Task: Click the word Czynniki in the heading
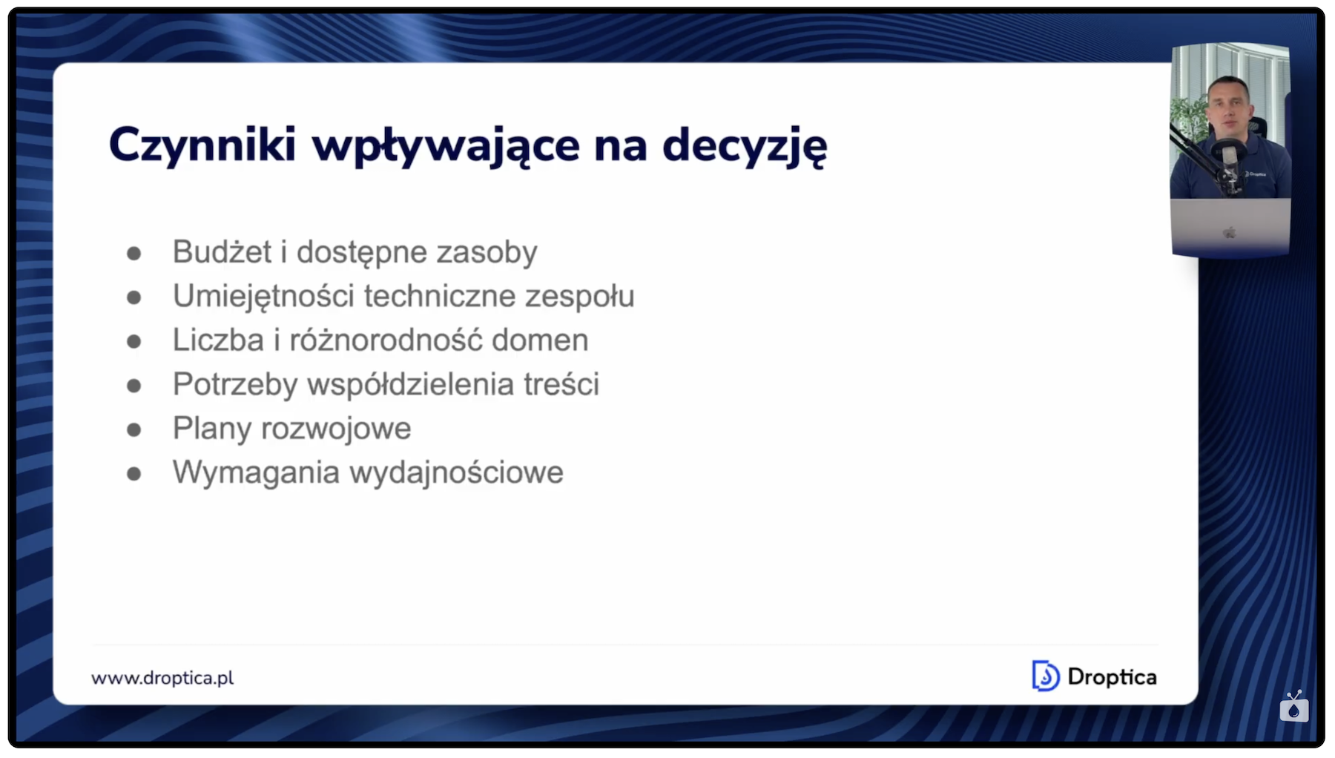point(202,145)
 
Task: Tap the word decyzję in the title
point(745,146)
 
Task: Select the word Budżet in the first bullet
point(222,251)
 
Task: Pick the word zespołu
point(580,297)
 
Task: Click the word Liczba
point(218,340)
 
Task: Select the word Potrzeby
point(235,385)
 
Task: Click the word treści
point(561,384)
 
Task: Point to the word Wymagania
point(256,473)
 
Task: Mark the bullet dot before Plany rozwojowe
point(134,429)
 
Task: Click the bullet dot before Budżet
point(134,254)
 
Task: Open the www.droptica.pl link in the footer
point(162,678)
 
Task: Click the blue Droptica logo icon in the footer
point(1046,676)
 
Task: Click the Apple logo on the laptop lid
point(1229,233)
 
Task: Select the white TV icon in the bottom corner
point(1294,706)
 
